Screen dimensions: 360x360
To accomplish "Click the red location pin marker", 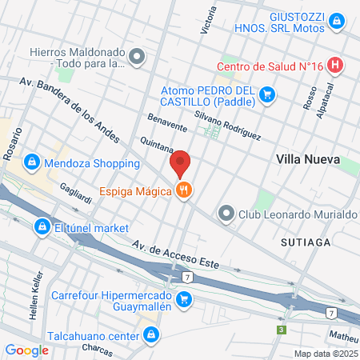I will [181, 162].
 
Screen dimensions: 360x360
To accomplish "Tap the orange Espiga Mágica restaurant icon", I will [185, 190].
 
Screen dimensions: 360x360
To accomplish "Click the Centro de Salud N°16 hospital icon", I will [336, 66].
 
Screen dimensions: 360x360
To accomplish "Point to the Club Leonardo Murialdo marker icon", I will [227, 214].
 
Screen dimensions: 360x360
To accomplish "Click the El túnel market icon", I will [41, 228].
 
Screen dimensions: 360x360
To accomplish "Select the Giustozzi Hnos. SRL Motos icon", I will [338, 20].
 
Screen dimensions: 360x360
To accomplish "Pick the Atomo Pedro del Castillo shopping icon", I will [267, 97].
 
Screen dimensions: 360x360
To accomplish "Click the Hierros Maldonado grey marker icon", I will [137, 58].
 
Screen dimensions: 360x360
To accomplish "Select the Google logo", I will [26, 350].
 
